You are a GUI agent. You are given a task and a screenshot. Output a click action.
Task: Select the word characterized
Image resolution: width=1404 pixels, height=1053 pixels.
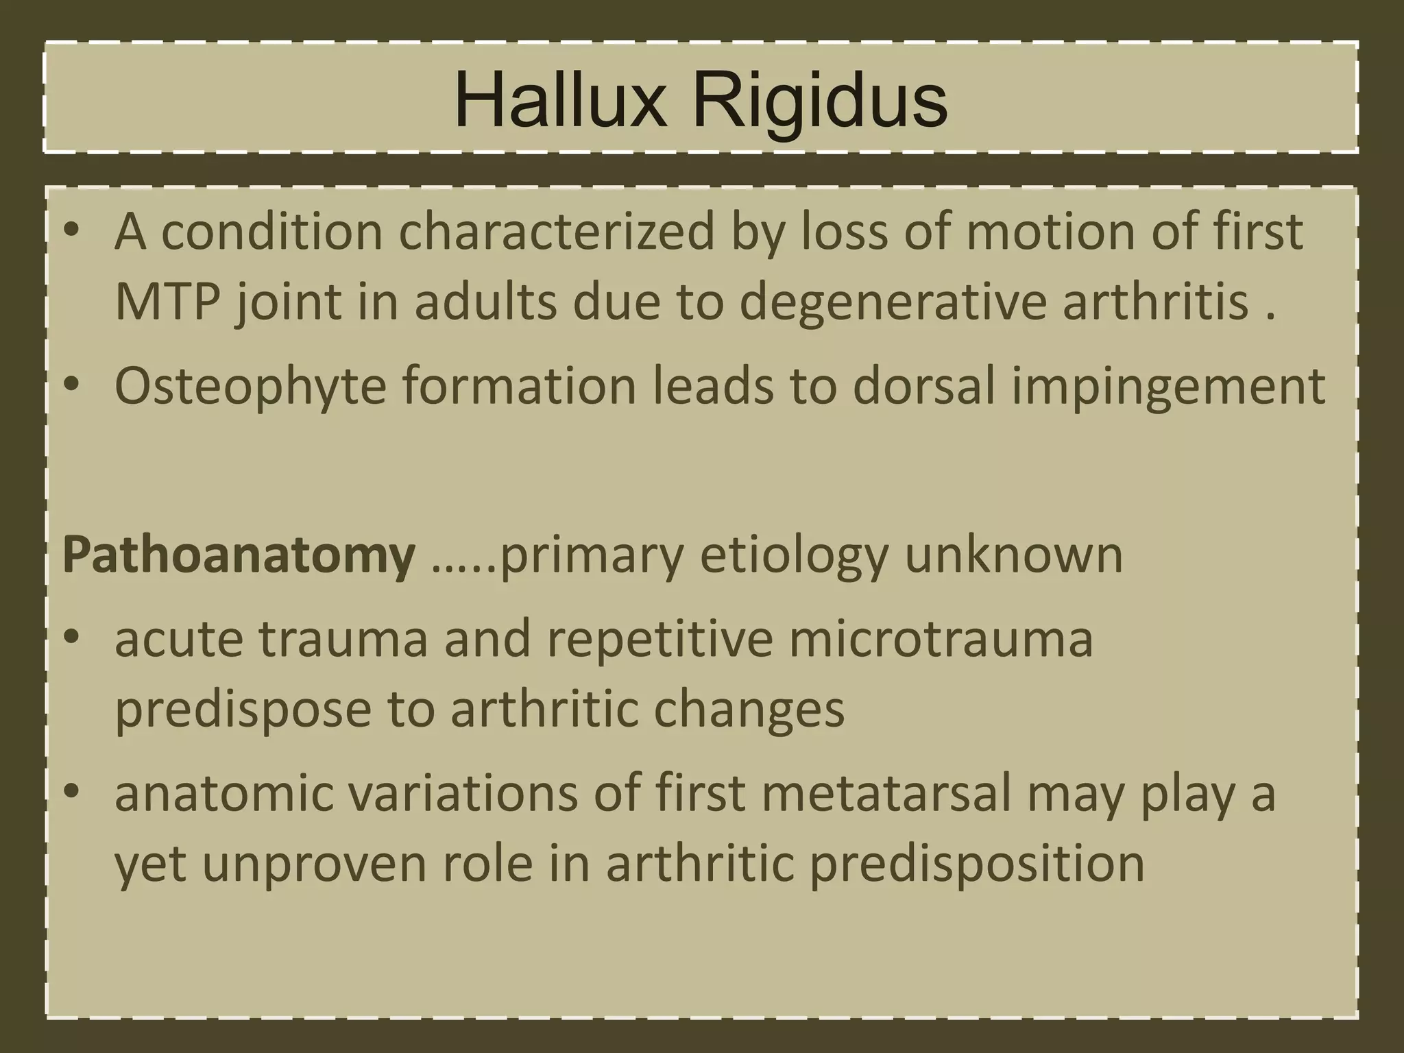(556, 232)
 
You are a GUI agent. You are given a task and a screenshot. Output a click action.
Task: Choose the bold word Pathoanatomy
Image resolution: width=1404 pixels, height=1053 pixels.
(239, 555)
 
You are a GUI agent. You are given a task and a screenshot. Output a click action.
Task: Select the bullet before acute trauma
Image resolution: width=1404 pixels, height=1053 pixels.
(71, 640)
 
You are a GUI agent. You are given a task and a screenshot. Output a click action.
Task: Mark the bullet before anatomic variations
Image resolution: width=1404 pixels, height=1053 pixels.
(71, 794)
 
